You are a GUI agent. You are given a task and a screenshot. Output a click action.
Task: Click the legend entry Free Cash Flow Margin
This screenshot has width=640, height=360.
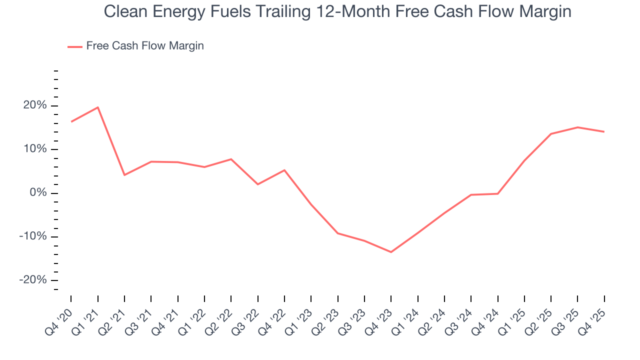click(x=144, y=46)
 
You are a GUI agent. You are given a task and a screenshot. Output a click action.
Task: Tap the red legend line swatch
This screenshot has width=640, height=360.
click(x=75, y=46)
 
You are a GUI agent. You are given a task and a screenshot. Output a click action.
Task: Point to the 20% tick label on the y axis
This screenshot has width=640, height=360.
click(x=35, y=105)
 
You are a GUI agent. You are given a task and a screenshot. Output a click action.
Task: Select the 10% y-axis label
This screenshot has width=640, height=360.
click(x=35, y=149)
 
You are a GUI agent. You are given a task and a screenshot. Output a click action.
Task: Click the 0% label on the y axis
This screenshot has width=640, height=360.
click(x=38, y=193)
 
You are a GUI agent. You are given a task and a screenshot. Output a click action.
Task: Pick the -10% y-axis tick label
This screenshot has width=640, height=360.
click(x=33, y=236)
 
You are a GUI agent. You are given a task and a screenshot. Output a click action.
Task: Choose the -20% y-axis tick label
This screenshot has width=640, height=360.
click(x=33, y=280)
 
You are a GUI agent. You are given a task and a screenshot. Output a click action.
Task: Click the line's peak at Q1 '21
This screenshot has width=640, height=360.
click(x=97, y=107)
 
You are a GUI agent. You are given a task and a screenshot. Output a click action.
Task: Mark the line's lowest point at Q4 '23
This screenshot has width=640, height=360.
click(x=391, y=252)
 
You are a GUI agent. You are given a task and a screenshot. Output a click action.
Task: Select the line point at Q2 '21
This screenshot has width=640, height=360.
click(x=124, y=175)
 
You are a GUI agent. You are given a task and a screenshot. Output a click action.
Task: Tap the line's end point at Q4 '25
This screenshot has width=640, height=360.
click(x=604, y=131)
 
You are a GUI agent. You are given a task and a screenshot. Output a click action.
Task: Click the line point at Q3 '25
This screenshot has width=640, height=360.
click(x=577, y=127)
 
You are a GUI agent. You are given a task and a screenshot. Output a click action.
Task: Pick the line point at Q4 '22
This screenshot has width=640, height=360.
click(x=284, y=170)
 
